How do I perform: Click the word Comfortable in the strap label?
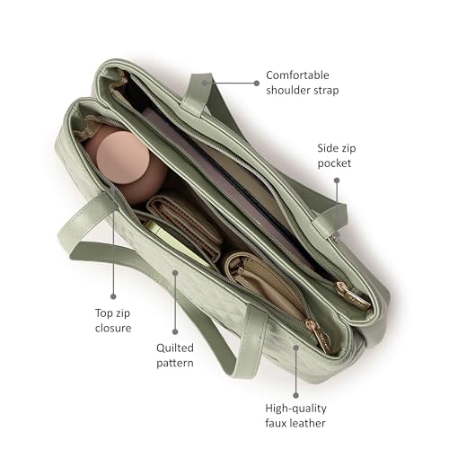point(297,75)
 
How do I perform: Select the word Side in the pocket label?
point(326,148)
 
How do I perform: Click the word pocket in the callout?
point(334,163)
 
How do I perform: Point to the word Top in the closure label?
point(103,313)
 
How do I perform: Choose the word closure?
point(113,328)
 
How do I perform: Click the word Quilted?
point(175,348)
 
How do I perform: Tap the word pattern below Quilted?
point(175,363)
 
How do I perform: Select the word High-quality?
point(295,409)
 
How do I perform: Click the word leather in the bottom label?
point(307,423)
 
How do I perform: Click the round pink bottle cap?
point(123,158)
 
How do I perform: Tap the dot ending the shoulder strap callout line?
point(257,84)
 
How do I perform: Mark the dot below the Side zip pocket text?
point(337,180)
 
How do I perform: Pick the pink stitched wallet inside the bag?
point(186,226)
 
